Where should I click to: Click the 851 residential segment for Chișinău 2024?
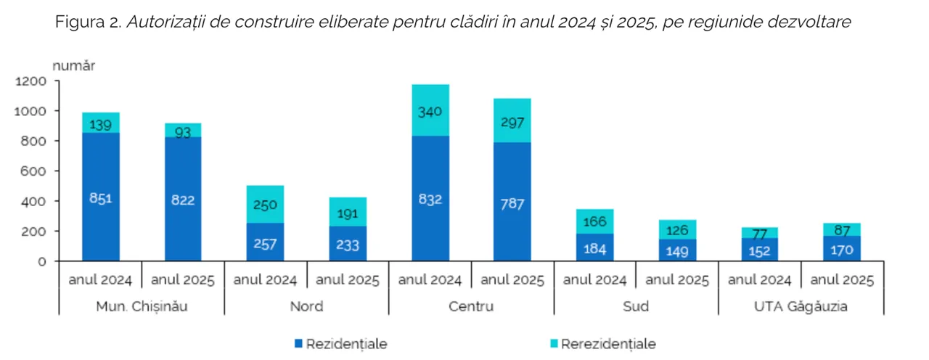[101, 197]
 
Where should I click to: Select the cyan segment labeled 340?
[430, 110]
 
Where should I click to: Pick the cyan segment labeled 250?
[266, 204]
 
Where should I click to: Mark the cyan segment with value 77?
[759, 233]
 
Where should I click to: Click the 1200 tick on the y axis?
[30, 81]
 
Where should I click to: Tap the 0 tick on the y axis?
[42, 261]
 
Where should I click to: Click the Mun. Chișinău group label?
[142, 306]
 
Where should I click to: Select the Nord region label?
[306, 306]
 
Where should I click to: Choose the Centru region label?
[470, 306]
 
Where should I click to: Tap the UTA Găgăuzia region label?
[801, 306]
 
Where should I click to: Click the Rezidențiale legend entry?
[340, 344]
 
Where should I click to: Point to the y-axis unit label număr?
[73, 65]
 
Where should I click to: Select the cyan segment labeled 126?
[677, 229]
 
